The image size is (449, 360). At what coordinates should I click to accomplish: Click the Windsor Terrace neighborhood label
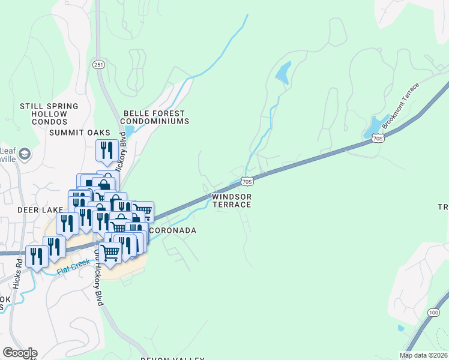[232, 200]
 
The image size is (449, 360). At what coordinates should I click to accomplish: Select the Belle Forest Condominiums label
[156, 117]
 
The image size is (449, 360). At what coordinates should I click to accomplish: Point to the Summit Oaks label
[80, 133]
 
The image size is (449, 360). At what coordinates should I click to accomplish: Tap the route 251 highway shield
[99, 64]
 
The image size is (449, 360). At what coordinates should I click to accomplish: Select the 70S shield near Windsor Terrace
[247, 180]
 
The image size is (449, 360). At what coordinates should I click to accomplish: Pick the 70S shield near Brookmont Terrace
[377, 139]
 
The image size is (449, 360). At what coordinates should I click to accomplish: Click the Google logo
[19, 353]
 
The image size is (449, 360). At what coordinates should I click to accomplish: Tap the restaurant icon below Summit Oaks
[107, 150]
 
